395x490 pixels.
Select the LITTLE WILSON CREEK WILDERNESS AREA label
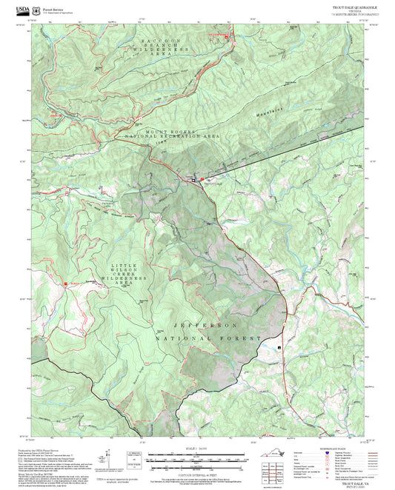(134, 274)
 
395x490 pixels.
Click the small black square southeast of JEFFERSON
(279, 346)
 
